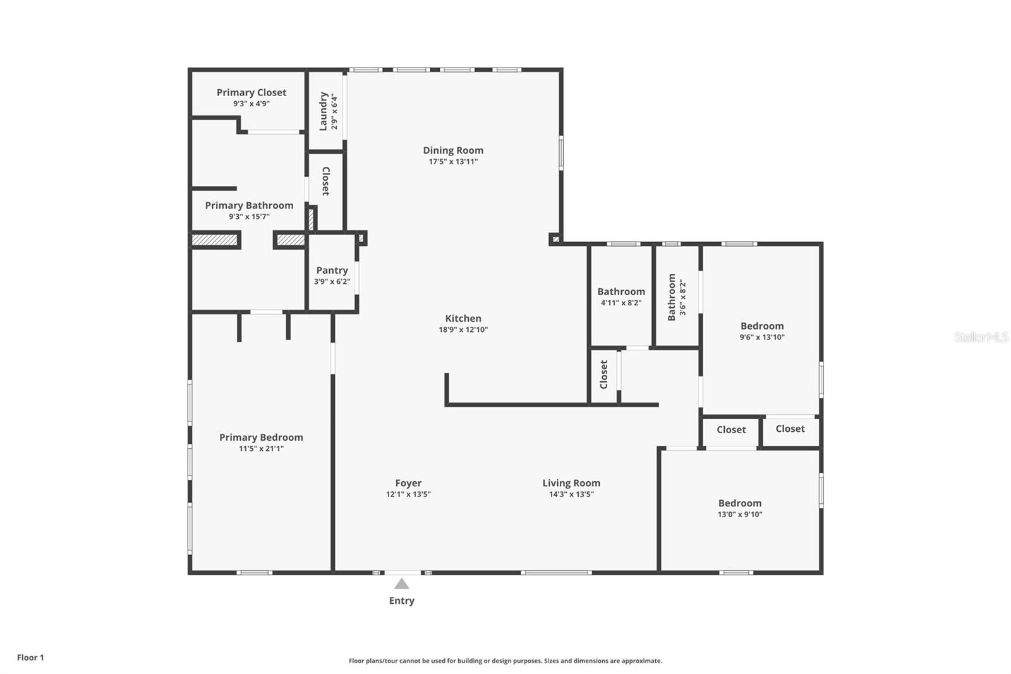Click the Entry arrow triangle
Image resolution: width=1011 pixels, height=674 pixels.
(x=402, y=584)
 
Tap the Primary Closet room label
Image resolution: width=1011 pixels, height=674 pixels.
(x=251, y=92)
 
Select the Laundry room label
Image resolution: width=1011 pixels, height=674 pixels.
(x=324, y=111)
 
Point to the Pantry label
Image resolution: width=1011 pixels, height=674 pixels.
(x=332, y=270)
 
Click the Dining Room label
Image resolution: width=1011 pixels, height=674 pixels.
(x=453, y=150)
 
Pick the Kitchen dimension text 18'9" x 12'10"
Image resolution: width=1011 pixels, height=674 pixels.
(x=463, y=329)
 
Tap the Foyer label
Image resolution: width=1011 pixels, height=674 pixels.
(x=408, y=483)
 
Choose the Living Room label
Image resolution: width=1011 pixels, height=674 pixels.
(x=571, y=483)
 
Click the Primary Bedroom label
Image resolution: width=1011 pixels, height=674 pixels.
(x=261, y=437)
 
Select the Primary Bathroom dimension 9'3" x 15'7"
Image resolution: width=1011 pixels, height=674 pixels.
(x=249, y=216)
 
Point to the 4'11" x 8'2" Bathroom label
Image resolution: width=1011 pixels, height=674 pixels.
(x=621, y=291)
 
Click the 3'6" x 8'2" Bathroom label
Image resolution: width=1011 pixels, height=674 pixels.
(x=672, y=297)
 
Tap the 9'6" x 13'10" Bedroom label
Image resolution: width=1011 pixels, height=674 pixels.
(x=762, y=326)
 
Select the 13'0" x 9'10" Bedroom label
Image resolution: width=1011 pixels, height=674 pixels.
(x=740, y=503)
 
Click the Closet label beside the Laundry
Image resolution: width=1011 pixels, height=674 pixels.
(x=325, y=181)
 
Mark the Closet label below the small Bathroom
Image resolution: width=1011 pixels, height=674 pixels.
(x=603, y=374)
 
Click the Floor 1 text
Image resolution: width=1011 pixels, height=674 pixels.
(x=30, y=658)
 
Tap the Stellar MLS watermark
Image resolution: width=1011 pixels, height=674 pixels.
(x=981, y=337)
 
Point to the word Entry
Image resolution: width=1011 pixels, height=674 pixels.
(x=402, y=601)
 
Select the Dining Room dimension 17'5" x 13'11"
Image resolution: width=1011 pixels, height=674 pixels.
(x=453, y=161)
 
